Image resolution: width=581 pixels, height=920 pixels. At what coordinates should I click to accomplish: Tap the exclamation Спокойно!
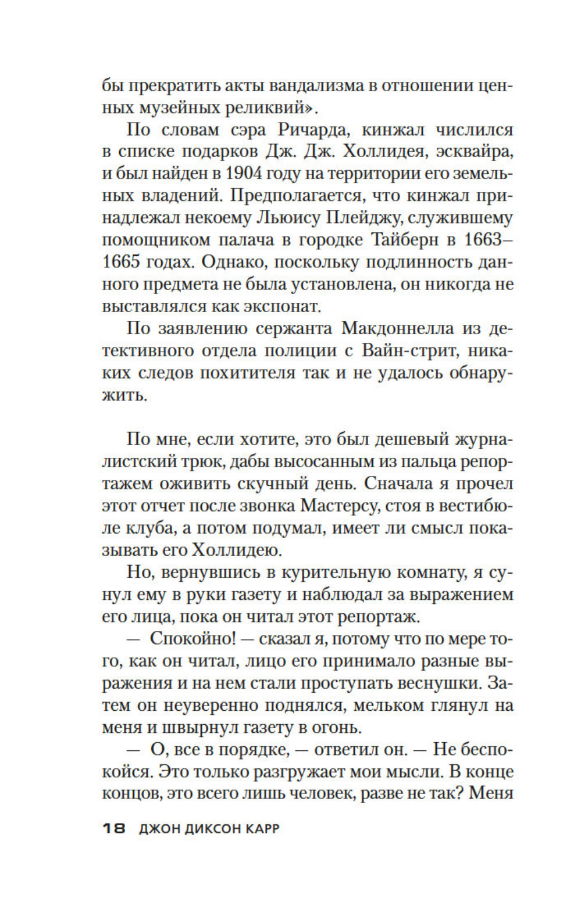pos(193,638)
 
